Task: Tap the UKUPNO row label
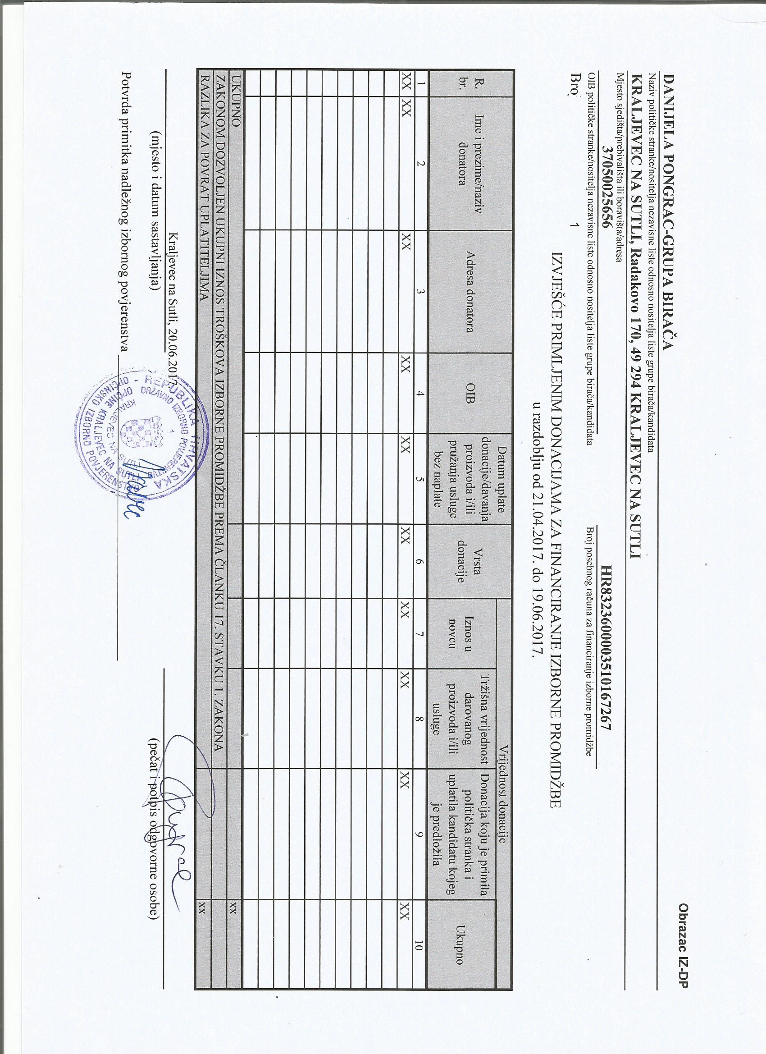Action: click(x=237, y=102)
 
